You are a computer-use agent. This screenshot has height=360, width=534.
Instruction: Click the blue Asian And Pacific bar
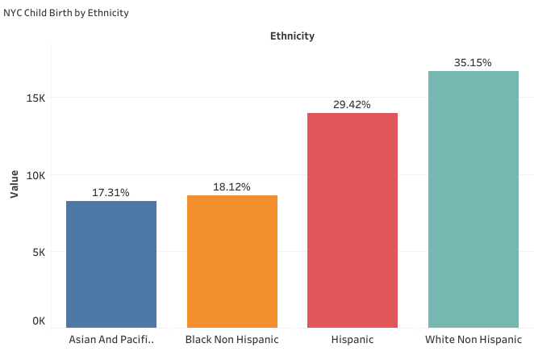(x=111, y=264)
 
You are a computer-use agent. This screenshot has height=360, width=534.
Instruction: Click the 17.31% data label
(x=111, y=193)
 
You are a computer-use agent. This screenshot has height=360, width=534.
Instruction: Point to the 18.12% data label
(x=232, y=187)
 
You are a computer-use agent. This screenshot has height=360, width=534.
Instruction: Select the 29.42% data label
(x=353, y=105)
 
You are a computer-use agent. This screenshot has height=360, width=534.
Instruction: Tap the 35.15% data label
(x=473, y=62)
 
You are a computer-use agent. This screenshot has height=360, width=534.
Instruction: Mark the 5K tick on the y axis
(x=38, y=252)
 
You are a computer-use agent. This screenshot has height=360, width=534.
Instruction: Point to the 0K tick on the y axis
(x=38, y=321)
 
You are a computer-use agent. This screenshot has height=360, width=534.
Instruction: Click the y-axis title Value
(x=14, y=182)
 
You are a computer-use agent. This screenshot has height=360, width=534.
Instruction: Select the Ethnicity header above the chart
(x=291, y=36)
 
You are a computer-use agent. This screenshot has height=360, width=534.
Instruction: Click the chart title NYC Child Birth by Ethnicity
(x=66, y=14)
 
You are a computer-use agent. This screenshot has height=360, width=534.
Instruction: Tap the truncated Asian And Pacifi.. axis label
(x=111, y=340)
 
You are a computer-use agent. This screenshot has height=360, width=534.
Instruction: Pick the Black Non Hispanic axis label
(x=232, y=340)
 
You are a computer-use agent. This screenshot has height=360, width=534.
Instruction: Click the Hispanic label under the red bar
(x=353, y=340)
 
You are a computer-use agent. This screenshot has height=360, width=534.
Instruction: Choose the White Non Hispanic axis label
(x=473, y=340)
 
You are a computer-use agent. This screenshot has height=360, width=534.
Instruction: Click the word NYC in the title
(x=13, y=14)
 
